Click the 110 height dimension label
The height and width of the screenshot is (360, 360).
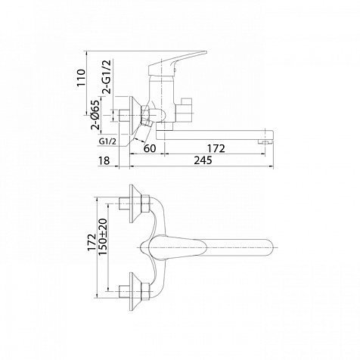(x=81, y=77)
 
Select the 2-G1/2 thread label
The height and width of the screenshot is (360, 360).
(x=107, y=77)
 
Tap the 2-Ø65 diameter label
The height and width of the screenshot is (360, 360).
(x=96, y=115)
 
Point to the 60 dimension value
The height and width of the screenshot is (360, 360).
(x=150, y=148)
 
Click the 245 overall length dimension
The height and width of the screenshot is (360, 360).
(x=203, y=160)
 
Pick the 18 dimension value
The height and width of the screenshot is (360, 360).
(x=104, y=160)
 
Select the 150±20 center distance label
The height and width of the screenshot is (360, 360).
(x=103, y=237)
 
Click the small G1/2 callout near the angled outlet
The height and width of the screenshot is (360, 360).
(x=107, y=141)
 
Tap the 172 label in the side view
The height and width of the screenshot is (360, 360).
(x=216, y=148)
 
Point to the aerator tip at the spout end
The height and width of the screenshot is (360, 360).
(x=265, y=143)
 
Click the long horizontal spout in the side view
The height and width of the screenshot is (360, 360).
(x=215, y=135)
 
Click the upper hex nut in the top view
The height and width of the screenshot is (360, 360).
(x=145, y=203)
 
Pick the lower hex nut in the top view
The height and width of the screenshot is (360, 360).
(x=145, y=291)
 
